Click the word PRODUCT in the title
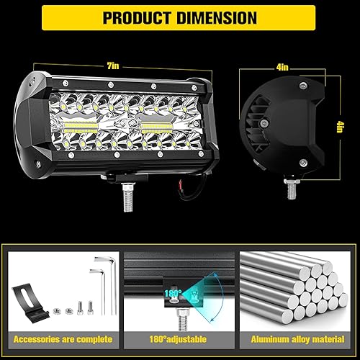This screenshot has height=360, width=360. point(139,17)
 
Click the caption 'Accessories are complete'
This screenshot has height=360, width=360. point(62,338)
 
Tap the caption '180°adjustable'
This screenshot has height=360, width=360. point(179,338)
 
